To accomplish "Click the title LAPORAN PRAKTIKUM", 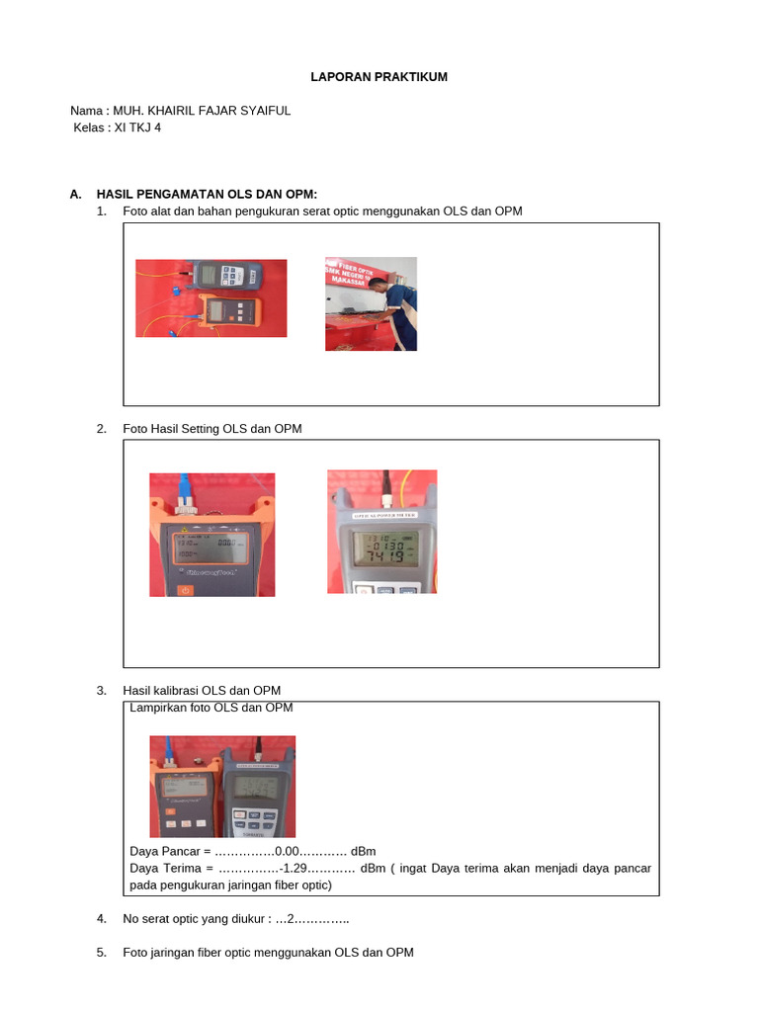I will [x=380, y=77].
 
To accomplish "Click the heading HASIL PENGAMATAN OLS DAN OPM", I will [x=206, y=195].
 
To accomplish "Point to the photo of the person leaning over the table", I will [x=371, y=303].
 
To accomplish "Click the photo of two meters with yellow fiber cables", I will [x=211, y=298].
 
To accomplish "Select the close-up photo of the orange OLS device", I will [x=211, y=535].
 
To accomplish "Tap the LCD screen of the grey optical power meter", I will [x=382, y=547].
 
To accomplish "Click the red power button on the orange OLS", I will [x=184, y=590].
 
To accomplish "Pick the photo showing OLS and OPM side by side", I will [x=222, y=787].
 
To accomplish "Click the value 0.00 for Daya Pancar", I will [x=287, y=851].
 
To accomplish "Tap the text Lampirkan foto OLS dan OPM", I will [x=211, y=708].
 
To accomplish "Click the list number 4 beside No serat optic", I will [x=102, y=919].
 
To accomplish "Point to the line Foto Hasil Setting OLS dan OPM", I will [x=212, y=429].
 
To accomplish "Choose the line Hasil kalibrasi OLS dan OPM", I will [x=202, y=690].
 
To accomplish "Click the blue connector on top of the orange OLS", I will [x=184, y=483].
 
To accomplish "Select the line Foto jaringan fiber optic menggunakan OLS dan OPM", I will [x=268, y=953].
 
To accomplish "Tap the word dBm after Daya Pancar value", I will [x=363, y=851].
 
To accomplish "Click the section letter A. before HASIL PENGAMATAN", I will [x=76, y=195].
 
